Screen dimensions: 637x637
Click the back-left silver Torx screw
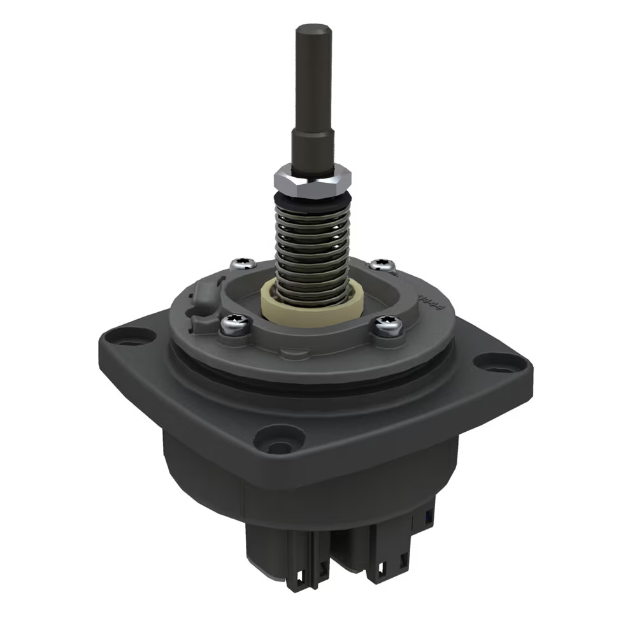pos(242,264)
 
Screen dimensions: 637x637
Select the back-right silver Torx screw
pos(382,264)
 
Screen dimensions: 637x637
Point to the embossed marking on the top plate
pos(428,299)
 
